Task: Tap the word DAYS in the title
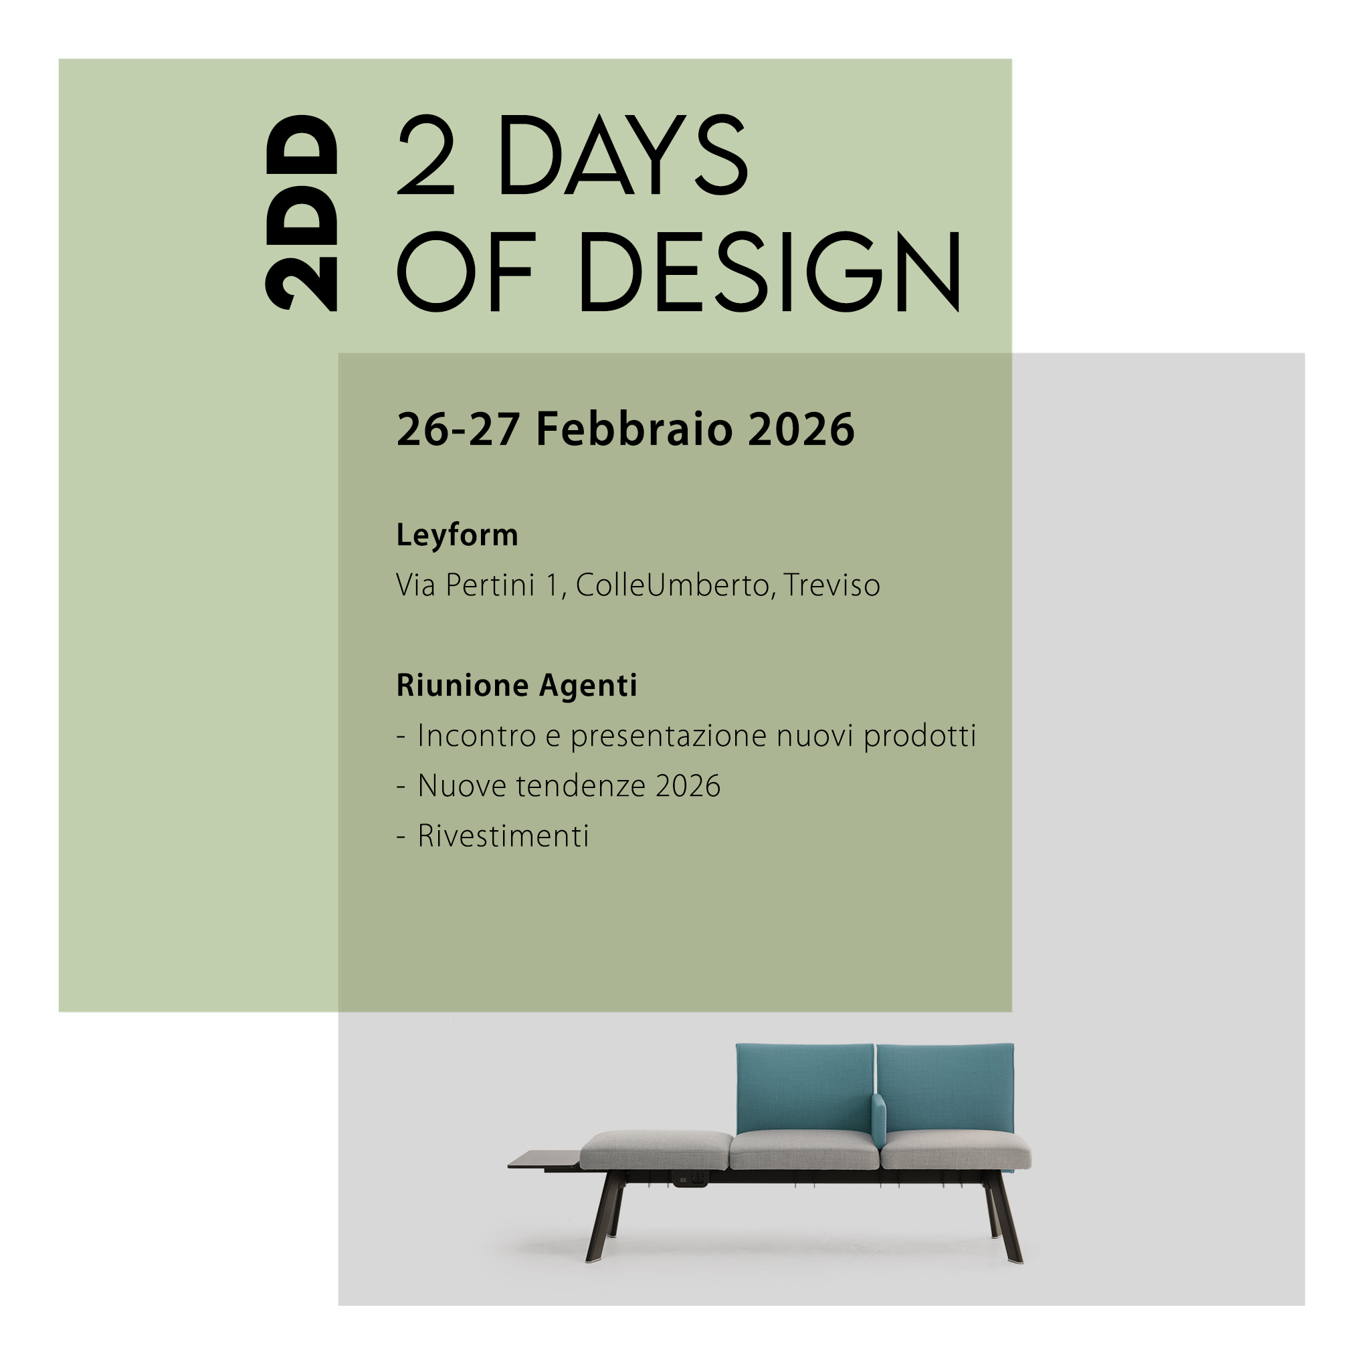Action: click(x=623, y=155)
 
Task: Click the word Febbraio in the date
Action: click(x=634, y=429)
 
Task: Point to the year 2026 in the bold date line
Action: click(x=801, y=429)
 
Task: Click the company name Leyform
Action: click(x=458, y=535)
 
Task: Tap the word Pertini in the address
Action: click(x=490, y=586)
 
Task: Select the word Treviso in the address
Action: click(x=831, y=586)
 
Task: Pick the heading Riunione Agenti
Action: click(x=517, y=686)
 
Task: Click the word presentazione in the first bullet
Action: click(x=668, y=736)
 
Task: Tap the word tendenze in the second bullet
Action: click(x=581, y=787)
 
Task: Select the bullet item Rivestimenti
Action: click(x=504, y=837)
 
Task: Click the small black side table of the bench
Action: click(x=545, y=1161)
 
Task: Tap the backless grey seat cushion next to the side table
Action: click(x=657, y=1150)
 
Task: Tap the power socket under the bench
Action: click(x=690, y=1180)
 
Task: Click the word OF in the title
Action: click(x=464, y=272)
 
